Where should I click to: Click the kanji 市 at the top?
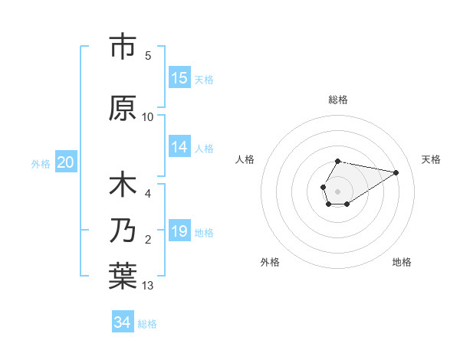123,47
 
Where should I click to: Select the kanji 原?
123,108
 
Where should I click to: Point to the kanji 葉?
123,275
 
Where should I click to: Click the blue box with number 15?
179,78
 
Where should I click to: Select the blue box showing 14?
179,147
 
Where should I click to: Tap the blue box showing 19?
179,231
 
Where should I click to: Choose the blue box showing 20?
66,162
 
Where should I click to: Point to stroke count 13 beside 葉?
148,286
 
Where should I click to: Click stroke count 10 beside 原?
148,117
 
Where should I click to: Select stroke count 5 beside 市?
148,56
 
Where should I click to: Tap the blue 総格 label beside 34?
147,324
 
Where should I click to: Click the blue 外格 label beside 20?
41,163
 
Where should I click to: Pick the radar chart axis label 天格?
431,159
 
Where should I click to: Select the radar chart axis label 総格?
337,100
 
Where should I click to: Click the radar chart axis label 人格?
245,159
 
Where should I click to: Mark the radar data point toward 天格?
396,171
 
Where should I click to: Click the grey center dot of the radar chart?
337,190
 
